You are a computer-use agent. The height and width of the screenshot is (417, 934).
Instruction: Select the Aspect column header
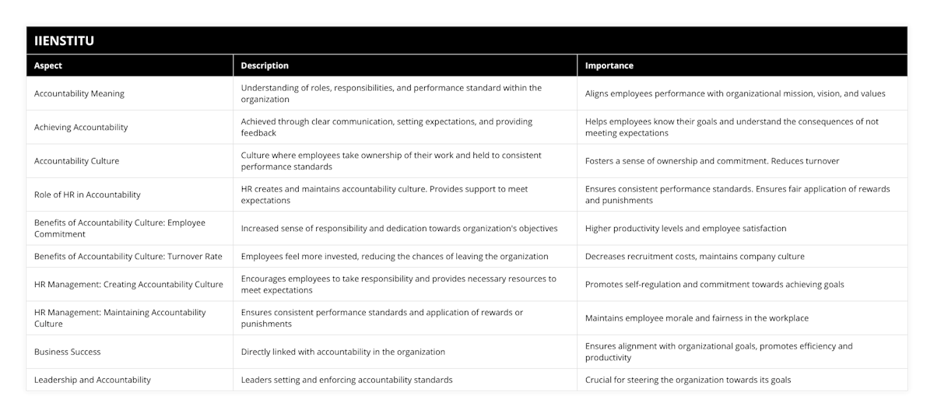48,65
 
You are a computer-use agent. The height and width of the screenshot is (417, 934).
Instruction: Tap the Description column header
265,65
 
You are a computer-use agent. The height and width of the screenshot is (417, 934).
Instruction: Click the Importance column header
609,65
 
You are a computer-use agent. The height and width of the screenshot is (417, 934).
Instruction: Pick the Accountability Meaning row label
79,93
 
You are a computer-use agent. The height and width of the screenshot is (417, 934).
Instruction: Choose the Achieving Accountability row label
81,127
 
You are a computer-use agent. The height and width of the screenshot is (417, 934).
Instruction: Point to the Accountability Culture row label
76,161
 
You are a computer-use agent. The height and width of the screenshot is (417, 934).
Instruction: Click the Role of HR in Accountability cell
87,194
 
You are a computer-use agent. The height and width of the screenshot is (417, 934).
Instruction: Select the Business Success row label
68,352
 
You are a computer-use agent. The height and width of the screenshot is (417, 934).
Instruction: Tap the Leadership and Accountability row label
93,380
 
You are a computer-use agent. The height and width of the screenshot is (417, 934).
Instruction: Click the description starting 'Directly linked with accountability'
343,352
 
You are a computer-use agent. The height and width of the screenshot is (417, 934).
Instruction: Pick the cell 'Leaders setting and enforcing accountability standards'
346,380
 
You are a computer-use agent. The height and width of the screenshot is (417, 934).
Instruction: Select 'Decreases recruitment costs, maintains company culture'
695,256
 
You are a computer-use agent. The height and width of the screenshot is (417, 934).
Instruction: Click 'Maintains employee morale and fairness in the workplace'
697,317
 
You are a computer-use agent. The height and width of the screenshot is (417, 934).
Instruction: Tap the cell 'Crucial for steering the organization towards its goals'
688,380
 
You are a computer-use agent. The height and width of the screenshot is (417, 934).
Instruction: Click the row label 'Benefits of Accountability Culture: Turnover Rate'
128,256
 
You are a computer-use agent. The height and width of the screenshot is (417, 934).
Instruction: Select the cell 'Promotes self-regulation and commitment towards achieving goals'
715,284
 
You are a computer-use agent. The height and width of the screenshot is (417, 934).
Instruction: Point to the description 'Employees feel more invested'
395,256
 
